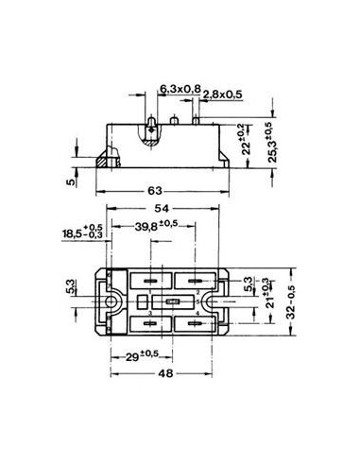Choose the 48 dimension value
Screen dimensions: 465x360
(164, 372)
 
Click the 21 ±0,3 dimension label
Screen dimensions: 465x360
(266, 301)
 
